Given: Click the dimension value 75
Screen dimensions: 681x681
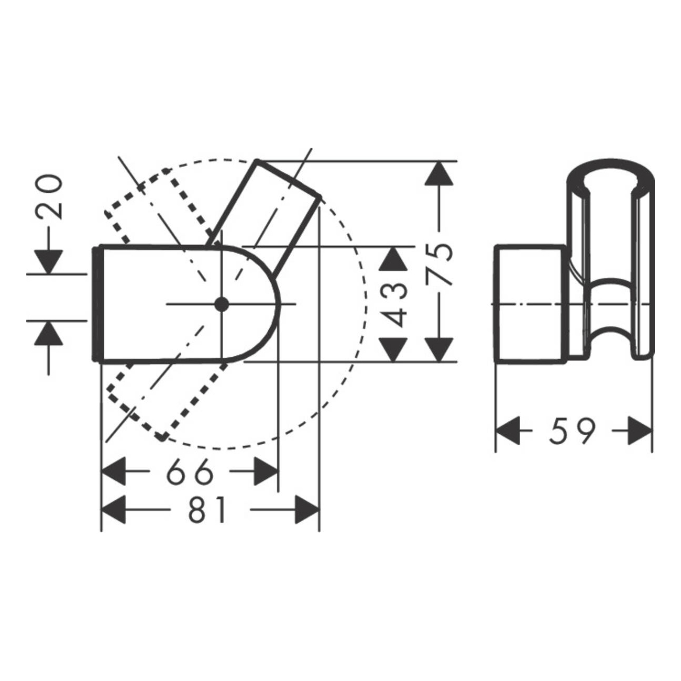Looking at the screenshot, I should (x=439, y=263).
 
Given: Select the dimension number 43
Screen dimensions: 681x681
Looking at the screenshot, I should (x=394, y=304).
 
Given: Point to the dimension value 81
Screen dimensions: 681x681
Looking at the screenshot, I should (x=207, y=510).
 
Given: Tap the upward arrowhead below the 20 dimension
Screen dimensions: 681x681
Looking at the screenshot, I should (x=49, y=334).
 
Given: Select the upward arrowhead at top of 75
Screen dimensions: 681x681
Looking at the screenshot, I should (x=439, y=173).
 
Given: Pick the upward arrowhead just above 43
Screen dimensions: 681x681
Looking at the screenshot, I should (x=394, y=259).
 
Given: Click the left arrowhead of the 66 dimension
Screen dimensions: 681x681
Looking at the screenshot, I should (x=113, y=471).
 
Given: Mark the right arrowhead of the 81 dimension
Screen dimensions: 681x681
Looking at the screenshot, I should (x=306, y=510).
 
